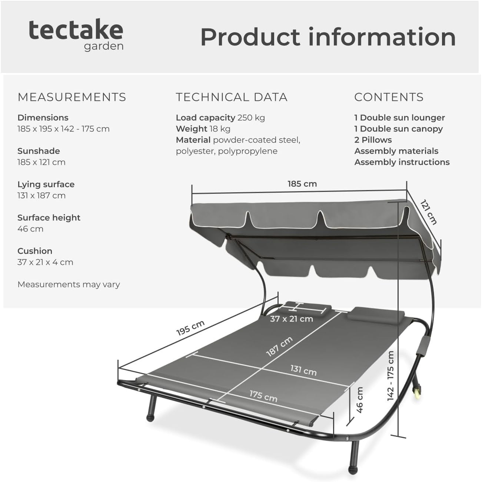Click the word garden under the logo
pyautogui.click(x=104, y=47)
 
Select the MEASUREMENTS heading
pyautogui.click(x=72, y=97)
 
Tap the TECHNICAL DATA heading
pyautogui.click(x=232, y=97)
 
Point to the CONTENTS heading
pyautogui.click(x=389, y=97)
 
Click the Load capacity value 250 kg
pyautogui.click(x=251, y=117)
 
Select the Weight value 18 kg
pyautogui.click(x=220, y=129)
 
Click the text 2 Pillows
pyautogui.click(x=373, y=140)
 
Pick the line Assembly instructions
pyautogui.click(x=402, y=162)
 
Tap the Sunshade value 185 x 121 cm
pyautogui.click(x=41, y=162)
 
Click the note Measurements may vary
pyautogui.click(x=69, y=285)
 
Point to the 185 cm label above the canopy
pyautogui.click(x=302, y=184)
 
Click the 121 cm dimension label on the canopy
pyautogui.click(x=429, y=212)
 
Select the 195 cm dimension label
pyautogui.click(x=190, y=328)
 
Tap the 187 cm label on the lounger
pyautogui.click(x=279, y=346)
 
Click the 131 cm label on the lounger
pyautogui.click(x=303, y=370)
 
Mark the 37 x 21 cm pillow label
pyautogui.click(x=292, y=319)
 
